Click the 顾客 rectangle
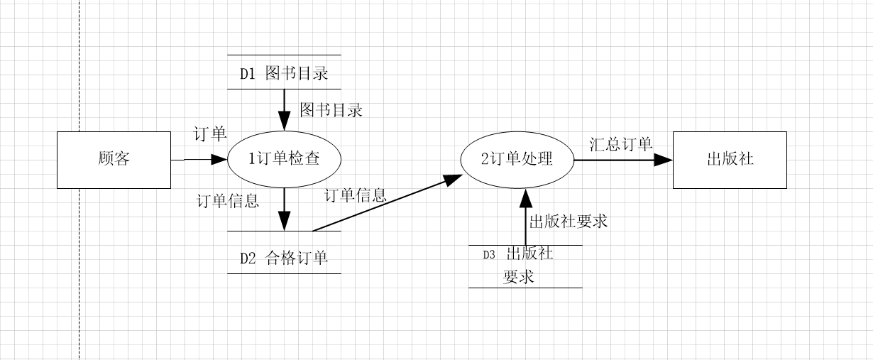[x=114, y=160]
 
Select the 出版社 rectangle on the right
[x=730, y=160]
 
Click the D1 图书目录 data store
[x=284, y=72]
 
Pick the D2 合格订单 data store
[x=284, y=257]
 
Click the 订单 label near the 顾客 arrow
[x=210, y=133]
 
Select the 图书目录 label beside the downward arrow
[x=331, y=110]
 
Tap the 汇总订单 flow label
[x=621, y=144]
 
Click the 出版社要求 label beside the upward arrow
[x=569, y=221]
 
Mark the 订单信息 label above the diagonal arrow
[x=356, y=195]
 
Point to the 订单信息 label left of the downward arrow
[x=227, y=201]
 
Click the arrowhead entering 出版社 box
[x=664, y=160]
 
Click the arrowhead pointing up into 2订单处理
[x=525, y=198]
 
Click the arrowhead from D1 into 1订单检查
[x=284, y=121]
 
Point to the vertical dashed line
[x=79, y=213]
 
